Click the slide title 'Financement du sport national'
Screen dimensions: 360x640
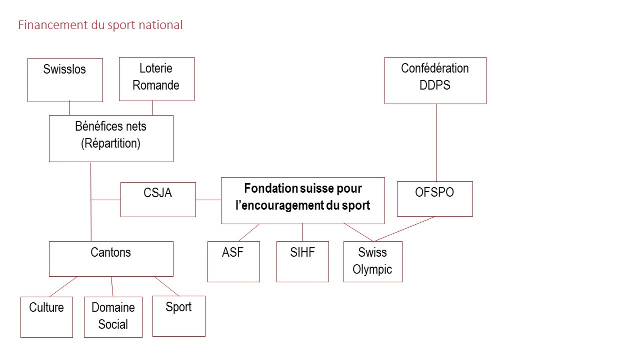[100, 25]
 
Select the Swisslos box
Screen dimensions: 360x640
[65, 80]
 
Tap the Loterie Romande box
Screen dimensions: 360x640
[157, 79]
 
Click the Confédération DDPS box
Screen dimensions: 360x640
[435, 81]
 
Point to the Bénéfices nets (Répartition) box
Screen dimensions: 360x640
[111, 138]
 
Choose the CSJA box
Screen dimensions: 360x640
[158, 200]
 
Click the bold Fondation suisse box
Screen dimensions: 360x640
[303, 200]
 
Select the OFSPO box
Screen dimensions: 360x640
[435, 199]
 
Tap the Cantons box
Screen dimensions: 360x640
[111, 259]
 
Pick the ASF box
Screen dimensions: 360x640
[234, 261]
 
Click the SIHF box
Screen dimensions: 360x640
[302, 261]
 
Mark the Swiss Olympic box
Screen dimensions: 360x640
[373, 261]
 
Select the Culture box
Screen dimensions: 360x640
[47, 317]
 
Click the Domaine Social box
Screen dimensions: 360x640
[113, 317]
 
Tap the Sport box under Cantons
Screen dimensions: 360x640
[179, 316]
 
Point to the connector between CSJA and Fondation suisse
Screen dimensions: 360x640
[208, 200]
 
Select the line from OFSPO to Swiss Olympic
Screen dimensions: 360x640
[404, 229]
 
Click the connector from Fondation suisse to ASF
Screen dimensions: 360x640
[249, 233]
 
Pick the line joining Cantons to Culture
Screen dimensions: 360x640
[63, 287]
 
